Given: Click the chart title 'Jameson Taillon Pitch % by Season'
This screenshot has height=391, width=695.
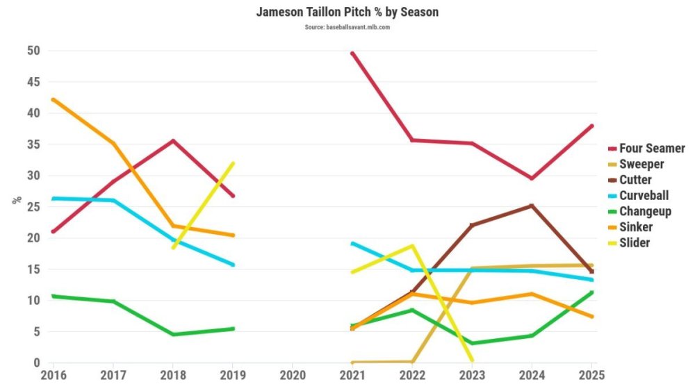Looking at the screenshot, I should [347, 13].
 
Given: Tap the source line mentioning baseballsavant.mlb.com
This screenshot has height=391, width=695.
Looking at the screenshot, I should [347, 27].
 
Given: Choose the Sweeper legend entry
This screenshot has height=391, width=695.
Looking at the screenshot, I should [641, 165].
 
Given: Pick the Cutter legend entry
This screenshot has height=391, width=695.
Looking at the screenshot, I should [635, 181].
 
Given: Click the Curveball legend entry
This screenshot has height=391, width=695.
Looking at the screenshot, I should [644, 196].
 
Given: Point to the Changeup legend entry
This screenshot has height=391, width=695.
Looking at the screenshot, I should [645, 212].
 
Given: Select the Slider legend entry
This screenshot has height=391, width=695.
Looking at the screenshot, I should [635, 243].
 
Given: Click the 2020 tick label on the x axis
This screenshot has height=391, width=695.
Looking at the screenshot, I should [293, 376].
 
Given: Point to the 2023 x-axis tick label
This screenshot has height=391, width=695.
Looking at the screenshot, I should [473, 376].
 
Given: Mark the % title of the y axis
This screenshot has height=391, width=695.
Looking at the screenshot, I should [15, 201].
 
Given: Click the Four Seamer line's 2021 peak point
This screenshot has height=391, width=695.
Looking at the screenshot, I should [352, 53].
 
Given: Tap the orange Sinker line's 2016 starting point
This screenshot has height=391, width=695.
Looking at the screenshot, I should [53, 99].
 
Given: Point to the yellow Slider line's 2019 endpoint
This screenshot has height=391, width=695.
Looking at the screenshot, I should [233, 163].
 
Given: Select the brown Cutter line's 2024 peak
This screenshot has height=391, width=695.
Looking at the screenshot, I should [532, 206].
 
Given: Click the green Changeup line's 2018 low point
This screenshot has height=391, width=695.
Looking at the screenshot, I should [172, 335].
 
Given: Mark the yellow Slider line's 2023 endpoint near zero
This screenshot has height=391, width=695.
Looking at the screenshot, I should [472, 360].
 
